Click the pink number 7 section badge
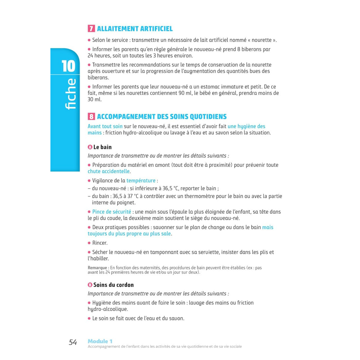coord(91,29)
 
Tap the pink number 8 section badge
coord(91,117)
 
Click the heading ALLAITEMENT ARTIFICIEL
coord(135,29)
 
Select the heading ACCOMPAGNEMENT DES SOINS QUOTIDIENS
coord(162,117)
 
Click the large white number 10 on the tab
coord(68,66)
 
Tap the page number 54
coord(73,342)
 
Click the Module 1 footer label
coord(100,341)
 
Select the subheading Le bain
coord(102,147)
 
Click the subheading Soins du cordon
coord(113,285)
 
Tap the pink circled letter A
coord(90,147)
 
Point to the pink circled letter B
coord(90,285)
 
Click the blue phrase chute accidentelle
coord(109,171)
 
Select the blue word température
coord(141,181)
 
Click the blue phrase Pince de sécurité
coord(112,212)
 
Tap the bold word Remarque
coord(97,268)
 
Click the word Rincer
coord(100,243)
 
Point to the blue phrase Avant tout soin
coord(105,126)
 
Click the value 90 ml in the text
coord(185,93)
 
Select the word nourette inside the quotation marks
coord(261,40)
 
